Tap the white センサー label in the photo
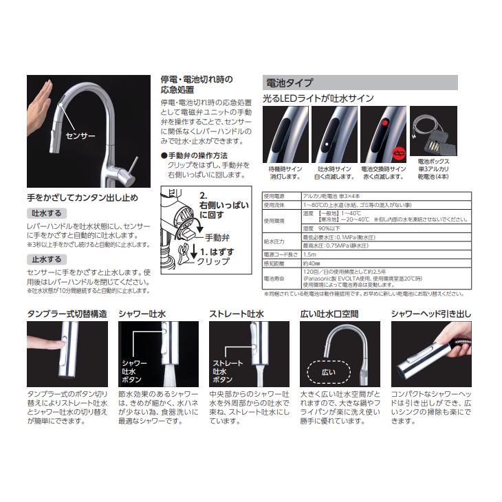tap(80, 137)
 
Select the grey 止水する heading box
tap(46, 260)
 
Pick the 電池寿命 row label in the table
tap(275, 278)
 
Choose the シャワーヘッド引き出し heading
tap(430, 314)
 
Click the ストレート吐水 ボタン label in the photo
tap(228, 369)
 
